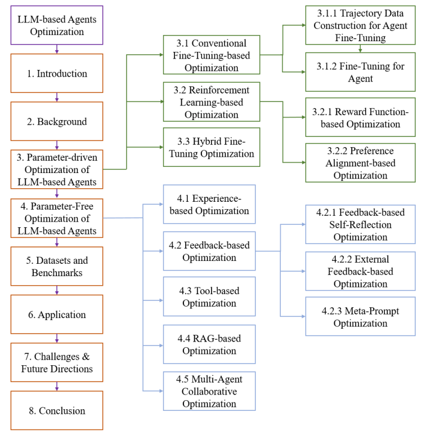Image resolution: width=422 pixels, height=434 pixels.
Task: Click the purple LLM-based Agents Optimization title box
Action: pos(57,25)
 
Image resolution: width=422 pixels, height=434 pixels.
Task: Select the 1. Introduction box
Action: pos(57,73)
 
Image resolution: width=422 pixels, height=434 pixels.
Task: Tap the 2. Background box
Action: pos(57,121)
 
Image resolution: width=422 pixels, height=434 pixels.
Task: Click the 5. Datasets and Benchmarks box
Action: pos(57,267)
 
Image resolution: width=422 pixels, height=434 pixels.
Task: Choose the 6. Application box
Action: pos(57,315)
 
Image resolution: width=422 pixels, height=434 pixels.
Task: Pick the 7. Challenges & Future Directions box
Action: pos(57,362)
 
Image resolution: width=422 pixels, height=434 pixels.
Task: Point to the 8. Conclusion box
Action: pos(57,410)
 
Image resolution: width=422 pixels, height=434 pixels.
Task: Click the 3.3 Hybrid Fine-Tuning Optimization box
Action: pos(212,147)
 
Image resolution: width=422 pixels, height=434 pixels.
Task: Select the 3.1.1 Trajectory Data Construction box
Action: pos(360,25)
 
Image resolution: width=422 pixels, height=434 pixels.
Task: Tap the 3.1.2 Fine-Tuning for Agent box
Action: pos(360,72)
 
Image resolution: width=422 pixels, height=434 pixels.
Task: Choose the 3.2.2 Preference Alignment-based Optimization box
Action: pos(360,163)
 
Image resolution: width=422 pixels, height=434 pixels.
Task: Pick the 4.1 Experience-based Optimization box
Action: pos(209,204)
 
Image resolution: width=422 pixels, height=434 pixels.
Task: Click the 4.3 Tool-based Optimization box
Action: pos(209,296)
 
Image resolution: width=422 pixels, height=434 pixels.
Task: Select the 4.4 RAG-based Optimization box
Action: pos(209,344)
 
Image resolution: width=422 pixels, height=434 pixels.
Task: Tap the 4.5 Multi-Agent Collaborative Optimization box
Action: pos(209,391)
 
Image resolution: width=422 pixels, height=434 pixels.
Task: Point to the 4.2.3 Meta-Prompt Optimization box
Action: pos(360,316)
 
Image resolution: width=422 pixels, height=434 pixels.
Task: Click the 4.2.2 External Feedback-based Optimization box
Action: pos(360,271)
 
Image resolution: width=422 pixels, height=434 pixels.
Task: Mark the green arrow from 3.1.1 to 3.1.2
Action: pos(360,48)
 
